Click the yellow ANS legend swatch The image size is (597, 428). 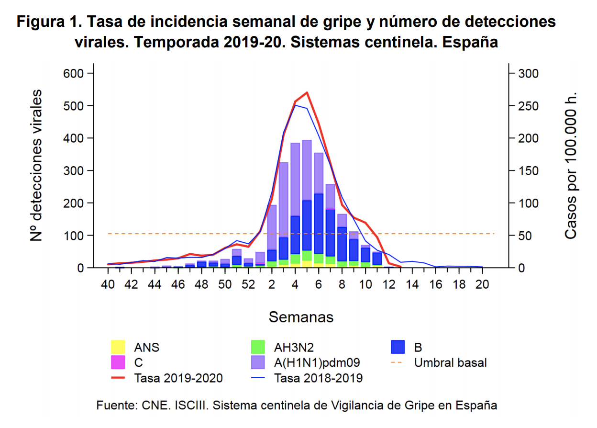click(x=118, y=347)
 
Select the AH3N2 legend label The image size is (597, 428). click(x=294, y=347)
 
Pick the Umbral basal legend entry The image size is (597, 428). click(x=450, y=362)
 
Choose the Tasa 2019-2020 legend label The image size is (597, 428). click(x=178, y=378)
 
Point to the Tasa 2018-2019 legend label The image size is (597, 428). click(x=318, y=378)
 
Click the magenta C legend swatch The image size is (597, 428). click(x=118, y=362)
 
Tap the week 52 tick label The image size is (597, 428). click(x=248, y=284)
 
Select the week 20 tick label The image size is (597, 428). click(x=482, y=284)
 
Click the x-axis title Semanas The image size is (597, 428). click(x=301, y=317)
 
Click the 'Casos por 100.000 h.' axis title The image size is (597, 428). click(x=570, y=165)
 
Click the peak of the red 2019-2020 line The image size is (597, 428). click(x=307, y=92)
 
